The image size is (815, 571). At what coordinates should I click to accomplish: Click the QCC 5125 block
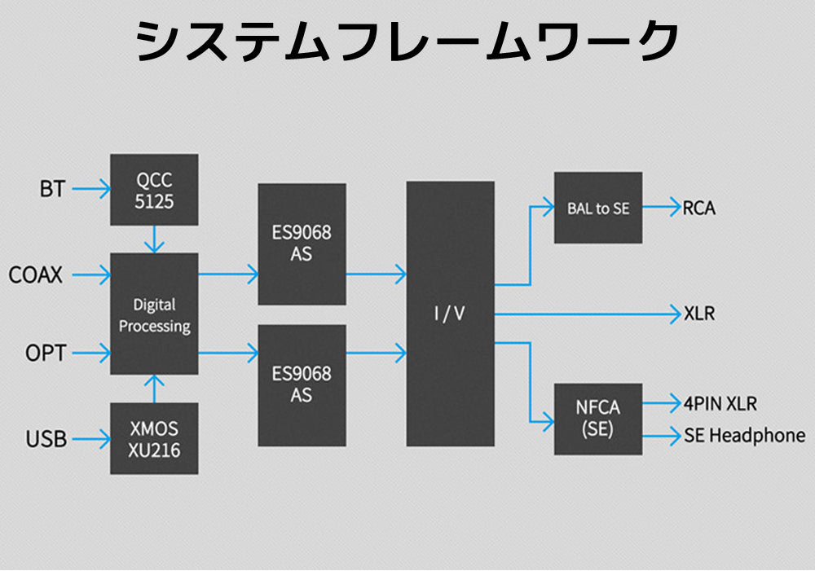154,190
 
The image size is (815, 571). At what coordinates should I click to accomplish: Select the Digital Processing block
154,314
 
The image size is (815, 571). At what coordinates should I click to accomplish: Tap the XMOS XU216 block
154,438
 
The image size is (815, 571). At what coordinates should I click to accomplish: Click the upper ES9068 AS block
302,244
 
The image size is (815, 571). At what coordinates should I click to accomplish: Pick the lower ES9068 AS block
302,385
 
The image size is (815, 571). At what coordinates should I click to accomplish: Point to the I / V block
450,314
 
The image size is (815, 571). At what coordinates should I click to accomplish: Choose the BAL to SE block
598,208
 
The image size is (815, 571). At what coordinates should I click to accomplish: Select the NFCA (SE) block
598,419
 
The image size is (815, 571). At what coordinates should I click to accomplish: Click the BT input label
51,190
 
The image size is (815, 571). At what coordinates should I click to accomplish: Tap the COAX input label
36,275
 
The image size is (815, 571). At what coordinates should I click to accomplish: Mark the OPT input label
46,354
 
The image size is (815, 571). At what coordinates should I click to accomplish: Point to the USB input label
46,440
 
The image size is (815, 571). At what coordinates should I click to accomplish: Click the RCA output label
700,208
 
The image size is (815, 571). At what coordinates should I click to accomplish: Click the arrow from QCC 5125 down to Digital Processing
154,239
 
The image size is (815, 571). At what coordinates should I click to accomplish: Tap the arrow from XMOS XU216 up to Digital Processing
154,388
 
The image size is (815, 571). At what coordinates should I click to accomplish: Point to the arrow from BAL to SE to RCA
661,208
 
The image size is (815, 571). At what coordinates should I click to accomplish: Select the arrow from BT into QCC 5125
90,190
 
